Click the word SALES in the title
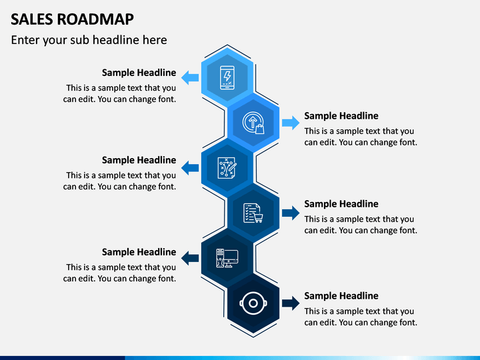click(x=32, y=19)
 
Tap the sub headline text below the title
click(x=89, y=40)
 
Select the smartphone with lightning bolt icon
click(x=227, y=78)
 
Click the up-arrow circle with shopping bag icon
click(x=253, y=123)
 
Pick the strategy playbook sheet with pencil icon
click(x=227, y=168)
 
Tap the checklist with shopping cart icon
click(x=253, y=213)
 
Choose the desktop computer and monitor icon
click(x=227, y=258)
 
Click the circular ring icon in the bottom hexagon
click(x=253, y=303)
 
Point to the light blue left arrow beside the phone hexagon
click(x=190, y=77)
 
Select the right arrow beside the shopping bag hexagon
click(x=291, y=123)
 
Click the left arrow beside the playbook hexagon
click(x=190, y=168)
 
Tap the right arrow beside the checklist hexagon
click(x=291, y=213)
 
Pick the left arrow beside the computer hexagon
click(x=190, y=258)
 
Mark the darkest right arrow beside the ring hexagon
click(x=291, y=303)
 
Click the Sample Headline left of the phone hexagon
click(x=139, y=73)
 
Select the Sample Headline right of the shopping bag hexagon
click(x=341, y=116)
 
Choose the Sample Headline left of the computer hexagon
click(x=139, y=252)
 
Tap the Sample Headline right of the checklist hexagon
click(x=341, y=204)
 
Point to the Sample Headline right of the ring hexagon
click(x=341, y=296)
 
